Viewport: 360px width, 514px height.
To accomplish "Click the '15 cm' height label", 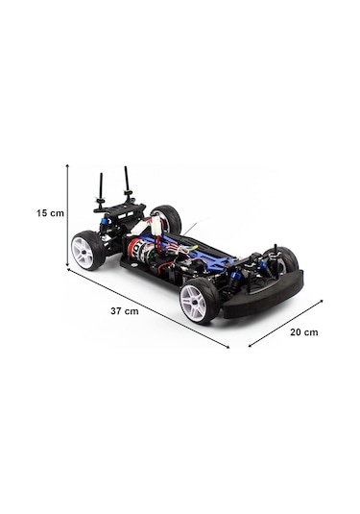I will point(51,213).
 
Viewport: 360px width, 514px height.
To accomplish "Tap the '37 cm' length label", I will point(125,311).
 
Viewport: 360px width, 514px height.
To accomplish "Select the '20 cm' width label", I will point(303,331).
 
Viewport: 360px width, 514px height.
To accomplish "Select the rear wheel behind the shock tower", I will point(167,218).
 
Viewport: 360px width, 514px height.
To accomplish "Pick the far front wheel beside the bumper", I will point(285,257).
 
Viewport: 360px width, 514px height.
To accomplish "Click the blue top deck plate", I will point(206,257).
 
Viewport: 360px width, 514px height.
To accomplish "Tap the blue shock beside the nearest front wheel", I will point(230,281).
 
